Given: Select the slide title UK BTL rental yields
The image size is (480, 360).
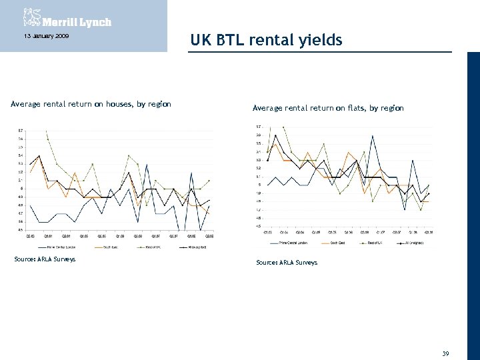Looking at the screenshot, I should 266,41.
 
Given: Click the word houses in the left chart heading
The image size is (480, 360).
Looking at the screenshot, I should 101,104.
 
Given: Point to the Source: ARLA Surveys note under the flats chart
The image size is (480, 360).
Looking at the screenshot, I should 287,263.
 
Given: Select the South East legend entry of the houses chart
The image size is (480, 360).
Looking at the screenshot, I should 110,246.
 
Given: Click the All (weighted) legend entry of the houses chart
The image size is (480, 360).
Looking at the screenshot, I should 196,246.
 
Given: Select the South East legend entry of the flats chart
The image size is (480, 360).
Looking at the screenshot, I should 339,242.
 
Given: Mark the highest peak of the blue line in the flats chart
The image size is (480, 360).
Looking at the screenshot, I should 373,136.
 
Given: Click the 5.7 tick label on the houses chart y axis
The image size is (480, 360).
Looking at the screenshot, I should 21,131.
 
